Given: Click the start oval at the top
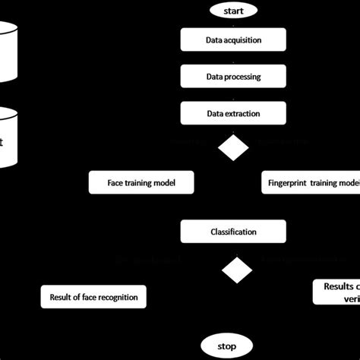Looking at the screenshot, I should pyautogui.click(x=232, y=11).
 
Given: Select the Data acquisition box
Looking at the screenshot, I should pyautogui.click(x=232, y=39).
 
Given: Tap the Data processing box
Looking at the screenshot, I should pyautogui.click(x=232, y=76).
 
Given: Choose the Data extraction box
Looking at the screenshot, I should pyautogui.click(x=232, y=114).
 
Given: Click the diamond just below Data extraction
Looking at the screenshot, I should pyautogui.click(x=233, y=147).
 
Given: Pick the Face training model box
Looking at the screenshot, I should pyautogui.click(x=141, y=182).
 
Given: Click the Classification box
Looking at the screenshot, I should pyautogui.click(x=232, y=232).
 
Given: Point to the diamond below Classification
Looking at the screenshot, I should pyautogui.click(x=236, y=270).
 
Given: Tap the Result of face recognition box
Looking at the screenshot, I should pyautogui.click(x=93, y=297).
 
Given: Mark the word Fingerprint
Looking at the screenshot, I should pyautogui.click(x=290, y=182).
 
